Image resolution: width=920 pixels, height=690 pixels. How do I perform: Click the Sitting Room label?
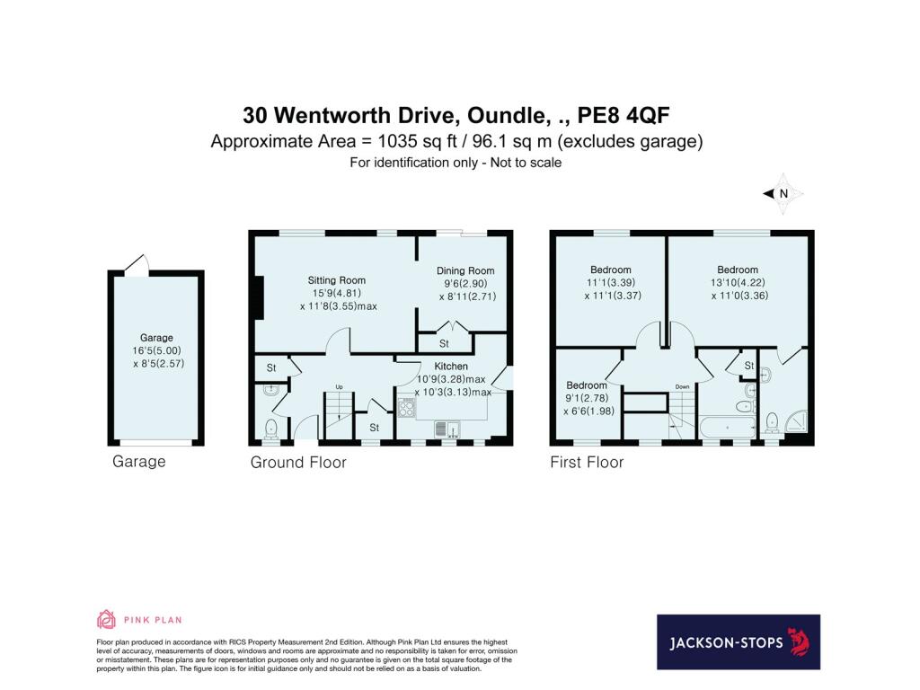(336, 280)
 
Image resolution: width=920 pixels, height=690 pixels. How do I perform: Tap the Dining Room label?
(465, 270)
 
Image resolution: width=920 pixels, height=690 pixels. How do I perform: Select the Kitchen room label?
(451, 367)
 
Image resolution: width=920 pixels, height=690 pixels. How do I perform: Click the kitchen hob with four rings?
(407, 407)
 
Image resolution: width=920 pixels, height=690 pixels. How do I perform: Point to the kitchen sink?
(447, 429)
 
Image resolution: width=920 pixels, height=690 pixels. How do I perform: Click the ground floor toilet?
(271, 429)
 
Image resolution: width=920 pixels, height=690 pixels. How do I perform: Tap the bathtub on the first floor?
(728, 427)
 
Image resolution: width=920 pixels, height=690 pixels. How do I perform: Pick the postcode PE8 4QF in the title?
(624, 115)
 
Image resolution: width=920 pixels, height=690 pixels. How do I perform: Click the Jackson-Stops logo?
(739, 641)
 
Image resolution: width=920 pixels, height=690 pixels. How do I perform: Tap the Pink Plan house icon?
(106, 619)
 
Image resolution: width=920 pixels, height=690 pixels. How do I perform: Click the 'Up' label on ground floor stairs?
(339, 386)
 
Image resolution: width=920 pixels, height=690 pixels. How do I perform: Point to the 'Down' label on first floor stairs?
(683, 386)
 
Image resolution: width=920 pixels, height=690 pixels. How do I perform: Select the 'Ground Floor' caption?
(298, 463)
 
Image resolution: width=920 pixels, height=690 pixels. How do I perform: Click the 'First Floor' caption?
(587, 463)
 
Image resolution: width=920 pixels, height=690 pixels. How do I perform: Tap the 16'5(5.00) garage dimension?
(156, 351)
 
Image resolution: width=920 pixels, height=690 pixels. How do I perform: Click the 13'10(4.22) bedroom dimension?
(738, 283)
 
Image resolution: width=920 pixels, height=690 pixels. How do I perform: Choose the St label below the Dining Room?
(444, 343)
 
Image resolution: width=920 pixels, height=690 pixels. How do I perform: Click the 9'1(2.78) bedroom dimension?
(587, 398)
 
